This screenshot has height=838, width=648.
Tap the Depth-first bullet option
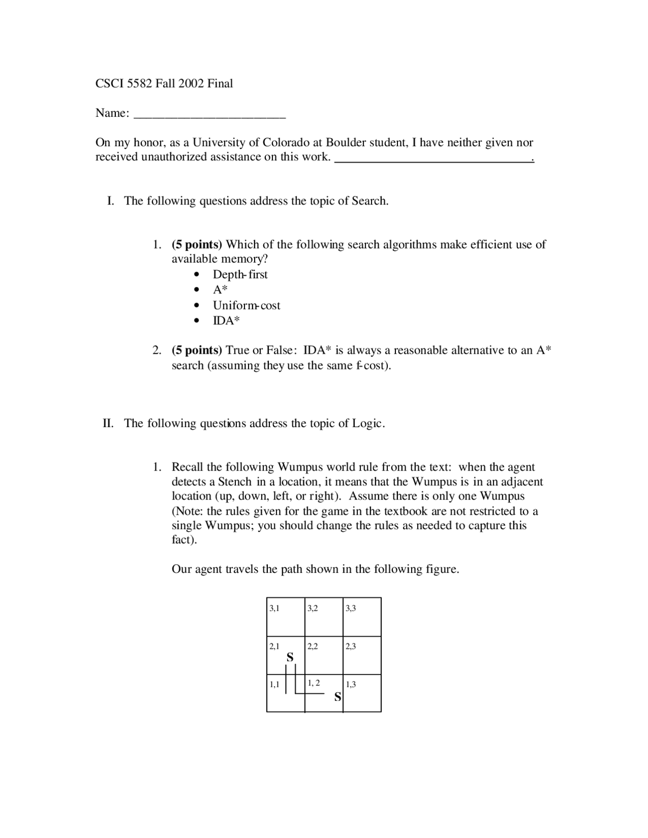[x=240, y=275]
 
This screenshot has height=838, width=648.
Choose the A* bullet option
[x=220, y=290]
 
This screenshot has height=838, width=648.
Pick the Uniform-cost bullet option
[x=247, y=306]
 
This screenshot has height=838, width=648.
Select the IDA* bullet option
[x=226, y=321]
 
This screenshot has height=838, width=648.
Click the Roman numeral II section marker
[x=108, y=424]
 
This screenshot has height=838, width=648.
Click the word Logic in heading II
[x=368, y=424]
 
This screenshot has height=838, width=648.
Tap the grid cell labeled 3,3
[x=362, y=617]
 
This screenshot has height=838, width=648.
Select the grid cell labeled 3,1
[x=286, y=617]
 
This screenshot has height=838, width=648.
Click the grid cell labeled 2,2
[x=324, y=655]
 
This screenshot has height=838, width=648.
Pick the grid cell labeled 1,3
[x=362, y=693]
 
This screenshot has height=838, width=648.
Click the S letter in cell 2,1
[x=290, y=657]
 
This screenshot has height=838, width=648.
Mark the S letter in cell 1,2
[x=338, y=697]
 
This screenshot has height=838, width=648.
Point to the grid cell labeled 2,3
[x=362, y=655]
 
